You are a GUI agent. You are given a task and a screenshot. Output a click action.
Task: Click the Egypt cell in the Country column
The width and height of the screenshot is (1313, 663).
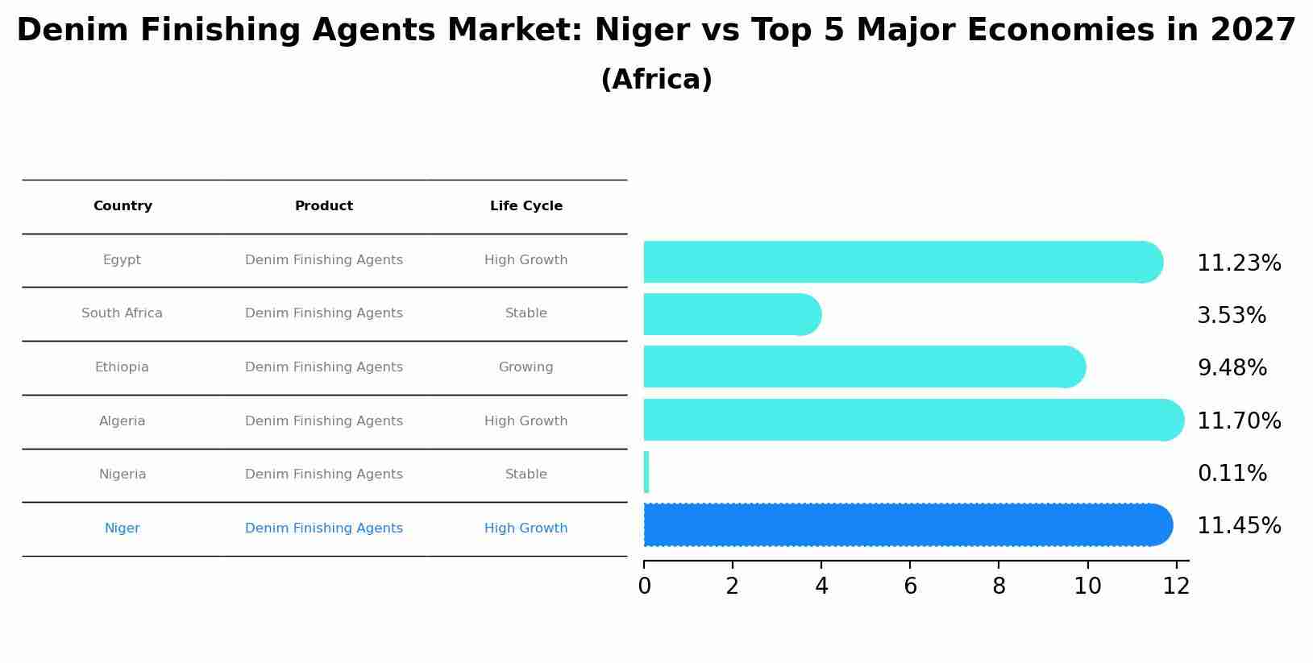122,260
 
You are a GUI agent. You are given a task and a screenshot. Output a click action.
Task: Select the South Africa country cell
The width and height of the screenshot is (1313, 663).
122,313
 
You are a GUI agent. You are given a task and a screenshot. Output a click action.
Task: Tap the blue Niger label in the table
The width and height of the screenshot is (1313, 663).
122,528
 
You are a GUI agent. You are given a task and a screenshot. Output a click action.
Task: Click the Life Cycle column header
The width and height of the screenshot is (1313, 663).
526,206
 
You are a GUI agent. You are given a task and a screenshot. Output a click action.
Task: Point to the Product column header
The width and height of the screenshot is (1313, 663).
323,206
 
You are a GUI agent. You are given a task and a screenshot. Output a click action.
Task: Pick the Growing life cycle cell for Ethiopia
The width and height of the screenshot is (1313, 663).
526,367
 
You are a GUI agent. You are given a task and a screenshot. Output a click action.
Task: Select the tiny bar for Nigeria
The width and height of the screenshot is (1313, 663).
646,472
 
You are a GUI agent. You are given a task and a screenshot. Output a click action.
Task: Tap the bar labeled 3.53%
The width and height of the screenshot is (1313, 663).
725,314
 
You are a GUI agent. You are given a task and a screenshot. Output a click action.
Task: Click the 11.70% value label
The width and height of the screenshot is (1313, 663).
1238,421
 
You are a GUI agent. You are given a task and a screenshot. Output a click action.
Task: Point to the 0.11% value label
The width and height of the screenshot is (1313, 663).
1232,474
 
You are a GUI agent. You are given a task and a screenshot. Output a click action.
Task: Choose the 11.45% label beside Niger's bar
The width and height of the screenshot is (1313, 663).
1238,526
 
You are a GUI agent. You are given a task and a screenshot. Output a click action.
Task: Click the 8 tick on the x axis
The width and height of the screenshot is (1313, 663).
999,586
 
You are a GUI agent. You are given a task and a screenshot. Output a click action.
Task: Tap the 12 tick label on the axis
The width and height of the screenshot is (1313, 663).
1176,586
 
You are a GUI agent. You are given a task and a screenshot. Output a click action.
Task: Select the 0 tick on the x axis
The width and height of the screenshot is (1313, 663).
644,586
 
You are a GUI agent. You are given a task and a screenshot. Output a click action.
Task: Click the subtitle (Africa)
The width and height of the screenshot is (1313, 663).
656,80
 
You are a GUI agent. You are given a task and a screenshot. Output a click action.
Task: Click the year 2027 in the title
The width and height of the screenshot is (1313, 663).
1253,31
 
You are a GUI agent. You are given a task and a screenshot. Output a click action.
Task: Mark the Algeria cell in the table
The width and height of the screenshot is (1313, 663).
122,421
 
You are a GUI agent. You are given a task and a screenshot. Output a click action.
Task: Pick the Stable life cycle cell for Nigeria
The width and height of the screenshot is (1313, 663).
526,474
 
